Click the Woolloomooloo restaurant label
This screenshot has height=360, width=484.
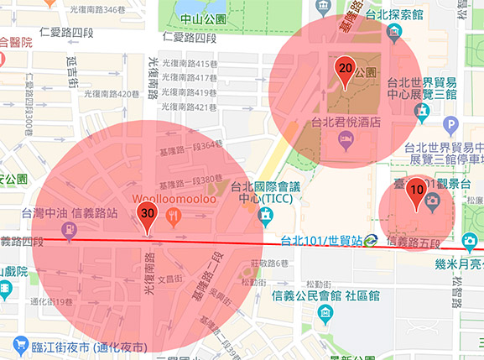point(174,199)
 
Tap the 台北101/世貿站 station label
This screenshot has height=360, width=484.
point(320,240)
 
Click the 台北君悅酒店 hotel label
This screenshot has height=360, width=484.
point(346,122)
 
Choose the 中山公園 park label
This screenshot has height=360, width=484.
point(202,18)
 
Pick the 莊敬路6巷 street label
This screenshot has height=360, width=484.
point(269,263)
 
